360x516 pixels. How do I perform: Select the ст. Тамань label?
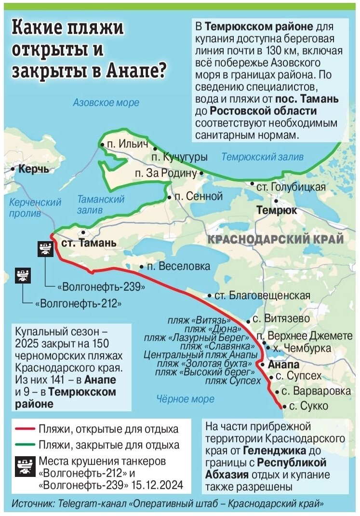tap(89, 243)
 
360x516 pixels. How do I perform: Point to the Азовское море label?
tap(106, 103)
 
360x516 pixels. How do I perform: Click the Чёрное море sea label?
tap(186, 399)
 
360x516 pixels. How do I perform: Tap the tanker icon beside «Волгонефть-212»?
tap(22, 276)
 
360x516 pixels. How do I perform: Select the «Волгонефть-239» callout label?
tap(101, 286)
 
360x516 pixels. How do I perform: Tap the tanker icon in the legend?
tap(22, 466)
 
